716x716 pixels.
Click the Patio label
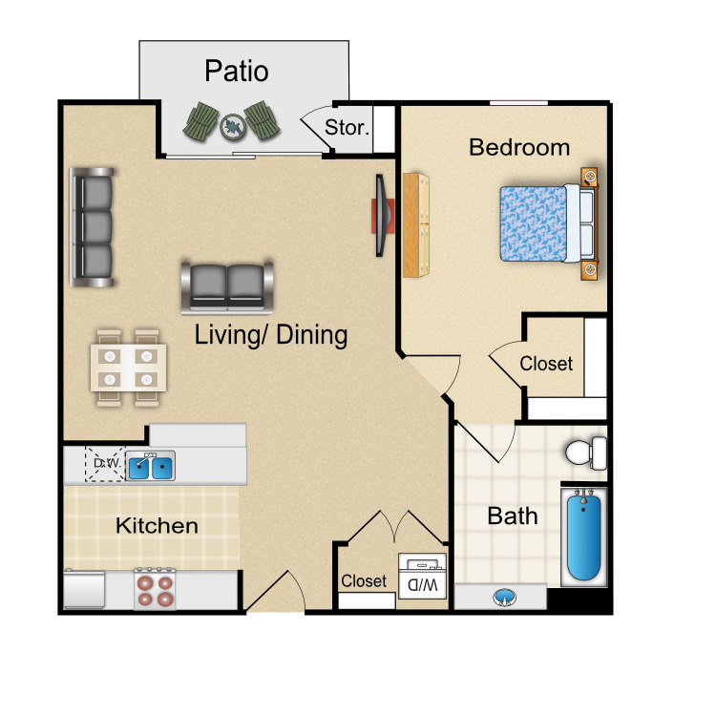(236, 72)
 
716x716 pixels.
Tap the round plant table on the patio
(233, 126)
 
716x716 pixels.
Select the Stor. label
(347, 127)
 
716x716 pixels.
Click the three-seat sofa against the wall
(92, 227)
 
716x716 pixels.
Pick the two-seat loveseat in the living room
(227, 288)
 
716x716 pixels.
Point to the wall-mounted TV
(383, 215)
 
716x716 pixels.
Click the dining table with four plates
(128, 368)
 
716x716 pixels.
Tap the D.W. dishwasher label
(107, 463)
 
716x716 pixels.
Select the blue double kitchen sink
(150, 466)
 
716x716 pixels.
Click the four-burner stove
(155, 588)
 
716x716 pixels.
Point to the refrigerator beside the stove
(84, 589)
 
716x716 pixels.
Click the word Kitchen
(157, 526)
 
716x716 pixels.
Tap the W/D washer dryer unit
(422, 576)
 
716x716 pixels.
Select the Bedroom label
(519, 147)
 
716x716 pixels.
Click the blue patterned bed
(548, 223)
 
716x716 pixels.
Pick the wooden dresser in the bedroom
(416, 225)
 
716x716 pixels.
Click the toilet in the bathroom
(586, 453)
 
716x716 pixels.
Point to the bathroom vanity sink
(504, 598)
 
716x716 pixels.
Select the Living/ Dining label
(271, 335)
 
